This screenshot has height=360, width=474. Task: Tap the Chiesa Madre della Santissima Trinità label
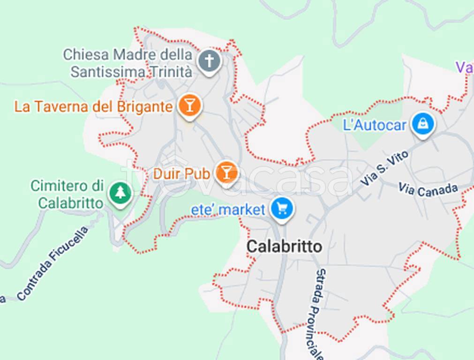128,63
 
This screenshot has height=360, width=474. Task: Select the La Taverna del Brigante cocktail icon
189,106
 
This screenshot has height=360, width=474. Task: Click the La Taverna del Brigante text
93,106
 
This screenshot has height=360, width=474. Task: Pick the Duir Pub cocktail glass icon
226,172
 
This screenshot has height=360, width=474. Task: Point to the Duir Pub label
181,174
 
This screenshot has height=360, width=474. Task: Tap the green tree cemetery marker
120,193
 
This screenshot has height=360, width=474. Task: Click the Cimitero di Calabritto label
67,195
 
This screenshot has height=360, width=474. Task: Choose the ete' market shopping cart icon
281,209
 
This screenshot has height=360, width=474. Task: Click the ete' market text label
228,210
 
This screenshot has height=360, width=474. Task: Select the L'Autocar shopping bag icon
423,124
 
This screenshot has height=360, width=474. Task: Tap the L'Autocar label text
375,125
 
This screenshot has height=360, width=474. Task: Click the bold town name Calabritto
285,246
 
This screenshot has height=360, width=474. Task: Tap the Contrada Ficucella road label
53,263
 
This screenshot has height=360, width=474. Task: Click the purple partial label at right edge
465,67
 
